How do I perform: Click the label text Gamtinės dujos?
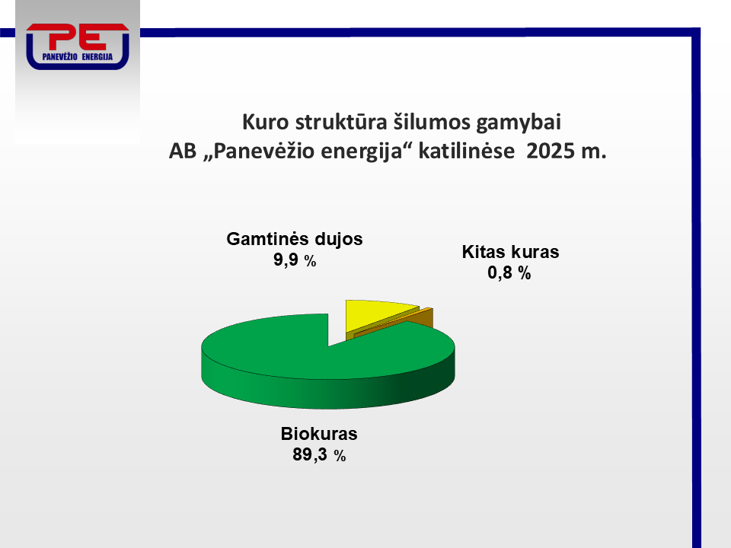point(295,239)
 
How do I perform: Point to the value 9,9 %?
point(295,260)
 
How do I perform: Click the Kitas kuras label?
point(510,252)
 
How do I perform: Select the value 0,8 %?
point(509,272)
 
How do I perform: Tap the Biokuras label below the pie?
point(319,434)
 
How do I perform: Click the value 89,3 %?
point(319,455)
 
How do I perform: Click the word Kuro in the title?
point(265,122)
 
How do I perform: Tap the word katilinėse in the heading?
point(467,151)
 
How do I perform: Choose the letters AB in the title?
point(183,151)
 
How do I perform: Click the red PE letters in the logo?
point(78,37)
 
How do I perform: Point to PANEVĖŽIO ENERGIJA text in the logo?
point(78,57)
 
